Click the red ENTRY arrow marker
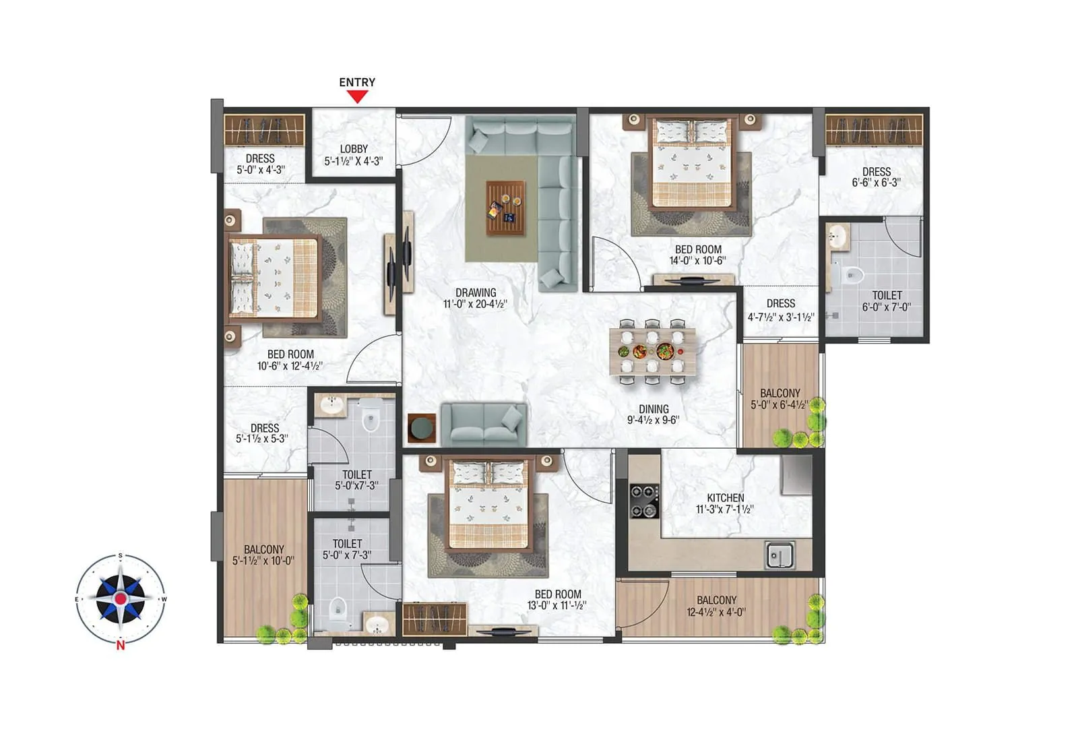[357, 96]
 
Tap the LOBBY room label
[354, 149]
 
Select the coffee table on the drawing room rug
[506, 208]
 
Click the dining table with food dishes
[652, 350]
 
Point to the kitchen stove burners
[643, 501]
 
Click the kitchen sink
[780, 555]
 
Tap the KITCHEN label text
[725, 498]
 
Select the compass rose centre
[120, 598]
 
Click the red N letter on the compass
[120, 646]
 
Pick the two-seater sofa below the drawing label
[483, 425]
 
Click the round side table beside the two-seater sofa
[422, 429]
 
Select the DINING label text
[653, 409]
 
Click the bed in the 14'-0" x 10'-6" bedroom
[691, 163]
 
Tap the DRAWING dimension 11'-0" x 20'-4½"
[475, 304]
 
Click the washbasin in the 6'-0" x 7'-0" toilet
[837, 237]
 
